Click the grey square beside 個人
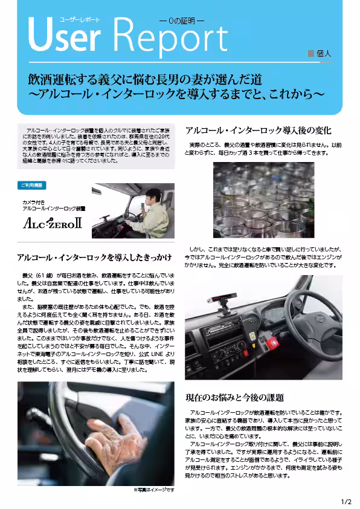click(311, 53)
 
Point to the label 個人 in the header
click(324, 53)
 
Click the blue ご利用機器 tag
click(34, 185)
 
